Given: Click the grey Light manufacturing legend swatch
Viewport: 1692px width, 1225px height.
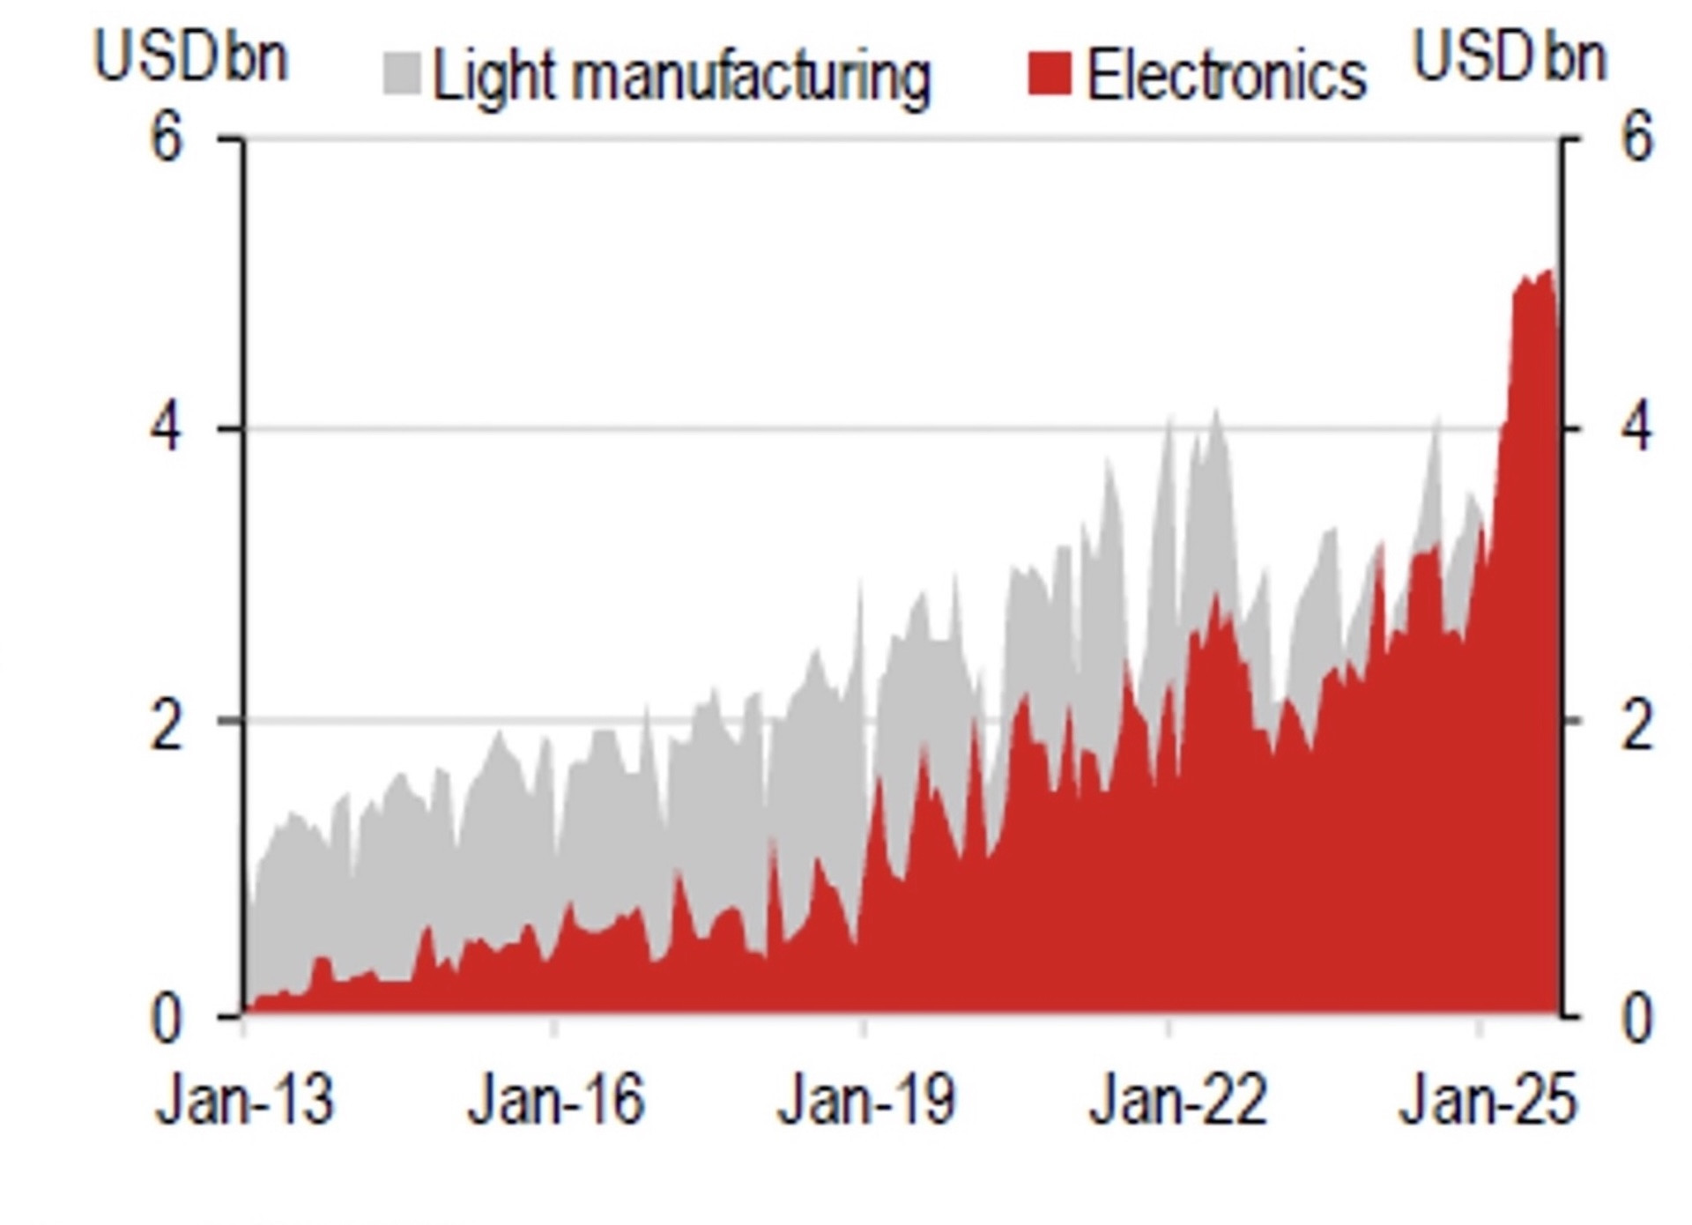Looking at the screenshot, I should point(402,73).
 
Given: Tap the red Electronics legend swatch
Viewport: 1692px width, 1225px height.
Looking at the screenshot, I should point(1050,73).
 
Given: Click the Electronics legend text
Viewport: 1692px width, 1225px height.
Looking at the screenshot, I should point(1227,76).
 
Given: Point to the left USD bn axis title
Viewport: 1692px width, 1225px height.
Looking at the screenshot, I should point(190,57).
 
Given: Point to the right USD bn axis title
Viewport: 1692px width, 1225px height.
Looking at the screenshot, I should point(1510,57).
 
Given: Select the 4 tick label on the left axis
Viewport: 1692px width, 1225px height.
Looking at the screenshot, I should point(167,429).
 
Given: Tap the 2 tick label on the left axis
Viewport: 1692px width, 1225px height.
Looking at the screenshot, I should point(167,728).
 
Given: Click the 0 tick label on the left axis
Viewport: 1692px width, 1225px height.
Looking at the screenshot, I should point(167,1021).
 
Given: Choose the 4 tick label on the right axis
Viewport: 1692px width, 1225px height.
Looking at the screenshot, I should point(1636,429).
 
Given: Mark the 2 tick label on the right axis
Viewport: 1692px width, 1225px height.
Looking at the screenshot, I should point(1636,728).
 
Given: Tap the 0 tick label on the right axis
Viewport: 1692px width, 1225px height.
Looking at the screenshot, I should point(1636,1021).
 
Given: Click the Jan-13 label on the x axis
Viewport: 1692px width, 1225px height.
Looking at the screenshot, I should point(245,1101).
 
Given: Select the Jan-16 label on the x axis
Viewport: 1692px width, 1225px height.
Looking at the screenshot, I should point(556,1101).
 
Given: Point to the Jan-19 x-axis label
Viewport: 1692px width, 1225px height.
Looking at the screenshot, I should point(866,1101).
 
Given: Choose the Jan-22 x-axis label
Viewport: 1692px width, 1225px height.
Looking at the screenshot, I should point(1177,1101).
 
